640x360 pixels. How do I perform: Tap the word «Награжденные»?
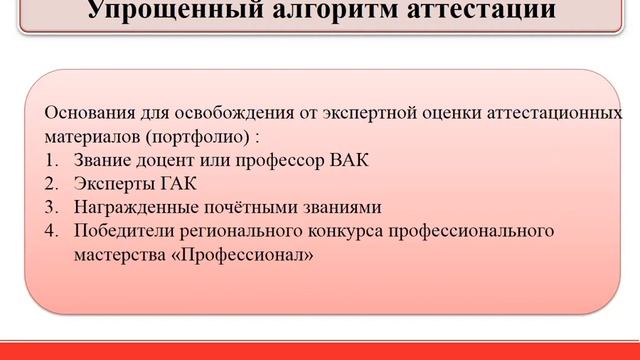pos(128,207)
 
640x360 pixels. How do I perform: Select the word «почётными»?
pos(229,207)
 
